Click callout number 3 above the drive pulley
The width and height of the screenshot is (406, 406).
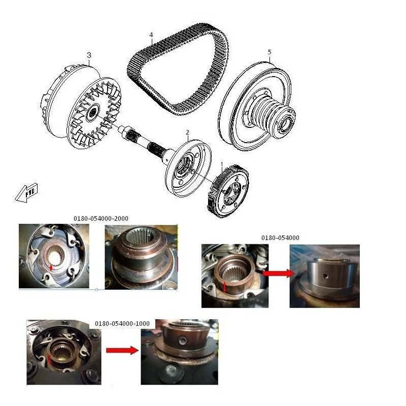pyautogui.click(x=89, y=55)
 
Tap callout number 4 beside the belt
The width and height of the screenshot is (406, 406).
pyautogui.click(x=151, y=35)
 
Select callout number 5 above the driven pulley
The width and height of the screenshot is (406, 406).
pyautogui.click(x=269, y=52)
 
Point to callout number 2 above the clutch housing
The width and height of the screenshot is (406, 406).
pyautogui.click(x=187, y=132)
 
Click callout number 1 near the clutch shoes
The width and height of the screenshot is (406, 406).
pyautogui.click(x=222, y=164)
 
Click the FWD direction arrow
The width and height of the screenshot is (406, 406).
pyautogui.click(x=26, y=193)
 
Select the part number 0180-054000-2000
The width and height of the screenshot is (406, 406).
pyautogui.click(x=101, y=219)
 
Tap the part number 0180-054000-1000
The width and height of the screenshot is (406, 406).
pyautogui.click(x=122, y=324)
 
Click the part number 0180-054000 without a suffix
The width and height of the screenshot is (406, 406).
pyautogui.click(x=280, y=238)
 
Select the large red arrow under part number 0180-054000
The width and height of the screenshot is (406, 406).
pyautogui.click(x=279, y=273)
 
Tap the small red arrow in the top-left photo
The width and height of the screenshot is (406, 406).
pyautogui.click(x=51, y=267)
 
